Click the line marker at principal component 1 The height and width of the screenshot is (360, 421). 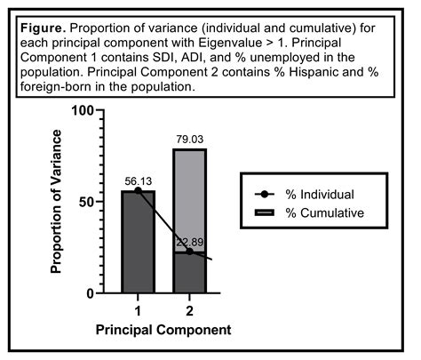137,190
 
